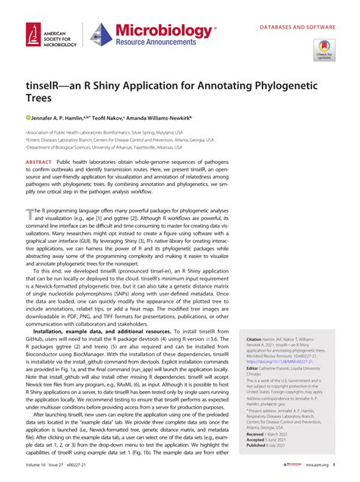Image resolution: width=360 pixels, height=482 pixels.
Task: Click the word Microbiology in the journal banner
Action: coord(163,29)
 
